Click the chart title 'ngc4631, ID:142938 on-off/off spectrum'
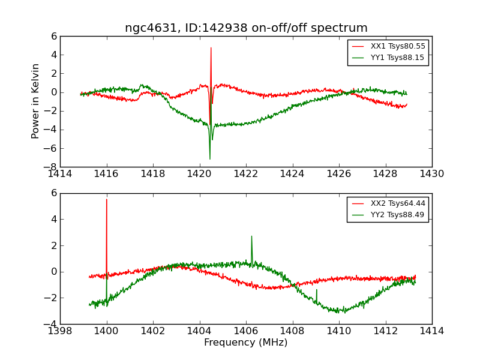[x=246, y=28]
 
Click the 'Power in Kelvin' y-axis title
[x=36, y=101]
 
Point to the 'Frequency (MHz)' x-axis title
[x=246, y=343]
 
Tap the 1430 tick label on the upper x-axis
[x=431, y=174]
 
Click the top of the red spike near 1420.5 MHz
[x=211, y=47]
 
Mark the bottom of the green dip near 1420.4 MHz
[x=210, y=159]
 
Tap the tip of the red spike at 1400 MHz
[x=107, y=199]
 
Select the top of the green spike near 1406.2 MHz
[x=251, y=236]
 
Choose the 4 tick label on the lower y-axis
[x=54, y=219]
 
